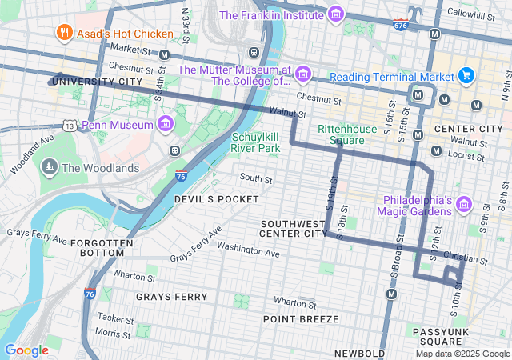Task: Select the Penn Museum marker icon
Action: pyautogui.click(x=166, y=125)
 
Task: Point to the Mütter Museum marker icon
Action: pyautogui.click(x=302, y=75)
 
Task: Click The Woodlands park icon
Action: pyautogui.click(x=50, y=168)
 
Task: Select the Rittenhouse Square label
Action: pyautogui.click(x=346, y=134)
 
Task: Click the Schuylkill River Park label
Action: pyautogui.click(x=256, y=142)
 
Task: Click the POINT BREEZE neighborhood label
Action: pyautogui.click(x=301, y=318)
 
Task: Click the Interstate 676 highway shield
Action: pyautogui.click(x=401, y=25)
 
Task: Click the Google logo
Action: pyautogui.click(x=26, y=350)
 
